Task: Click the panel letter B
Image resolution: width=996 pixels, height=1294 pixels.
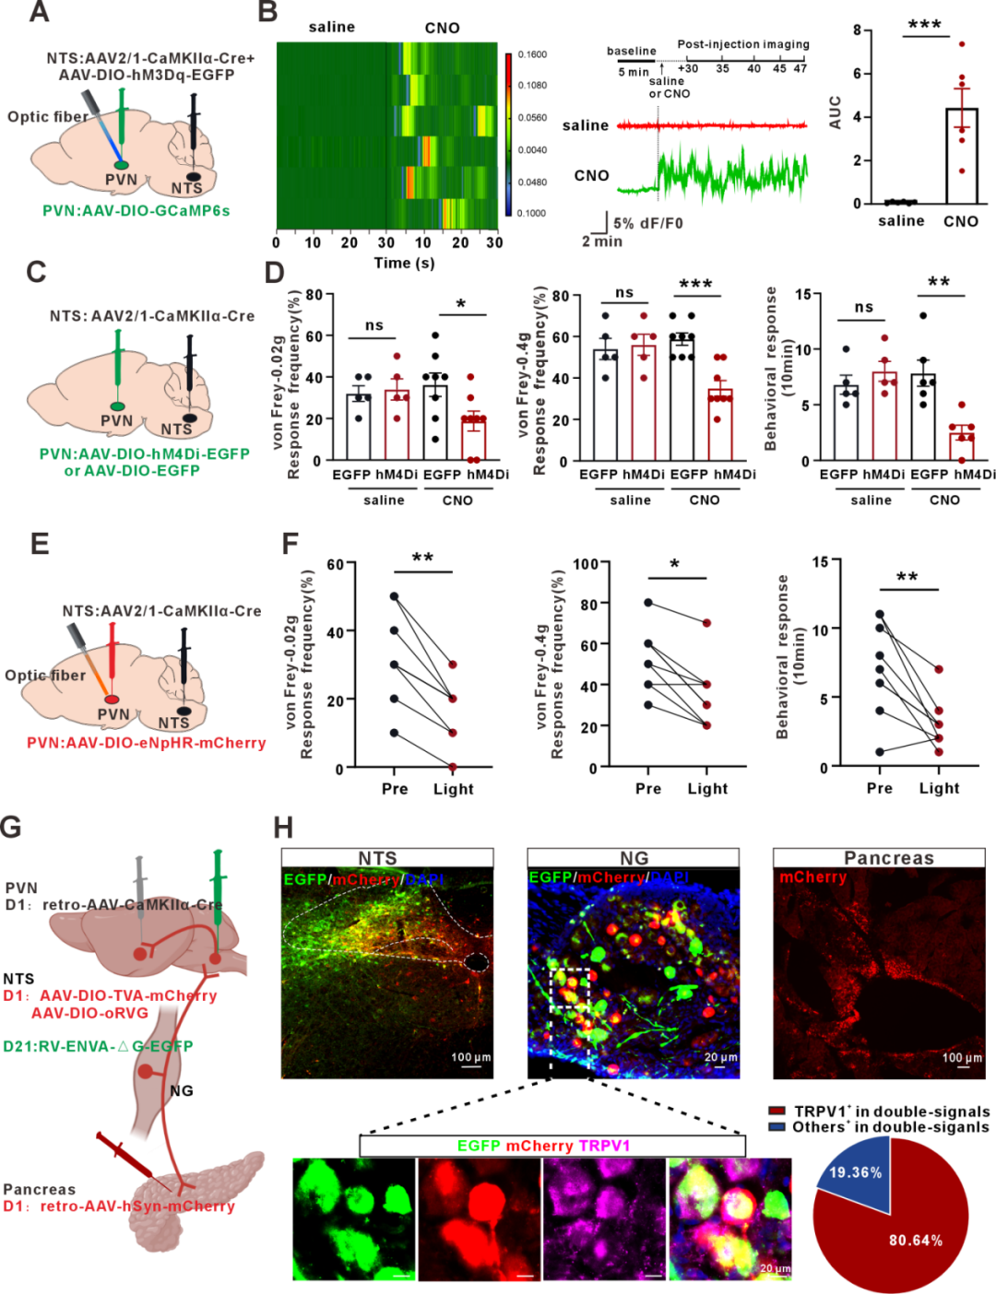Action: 267,13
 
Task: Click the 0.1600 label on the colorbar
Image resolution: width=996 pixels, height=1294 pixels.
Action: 531,54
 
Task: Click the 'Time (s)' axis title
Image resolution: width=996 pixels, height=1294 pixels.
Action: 404,264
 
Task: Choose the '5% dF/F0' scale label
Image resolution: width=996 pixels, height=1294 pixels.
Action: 648,223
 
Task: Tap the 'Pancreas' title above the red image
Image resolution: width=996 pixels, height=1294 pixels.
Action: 888,858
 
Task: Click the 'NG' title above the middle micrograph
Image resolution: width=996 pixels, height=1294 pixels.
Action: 634,858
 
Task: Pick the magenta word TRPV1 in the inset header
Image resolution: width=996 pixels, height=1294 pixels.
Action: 605,1146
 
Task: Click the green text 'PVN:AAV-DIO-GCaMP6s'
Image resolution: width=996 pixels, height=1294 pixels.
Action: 136,211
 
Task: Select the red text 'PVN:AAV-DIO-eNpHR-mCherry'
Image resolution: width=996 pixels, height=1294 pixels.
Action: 146,743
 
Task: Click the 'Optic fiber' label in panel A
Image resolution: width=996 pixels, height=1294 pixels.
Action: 48,117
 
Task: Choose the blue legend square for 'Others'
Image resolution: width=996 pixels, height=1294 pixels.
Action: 777,1127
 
